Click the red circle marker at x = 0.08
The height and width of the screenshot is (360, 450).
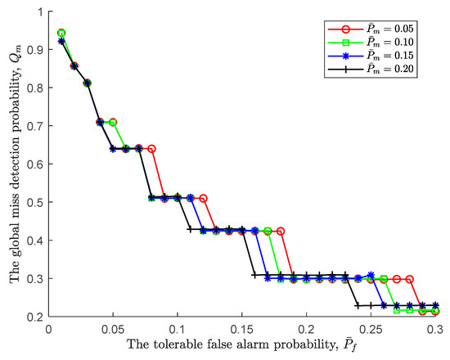[x=152, y=148]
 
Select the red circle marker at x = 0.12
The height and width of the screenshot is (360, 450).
[x=203, y=198]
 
